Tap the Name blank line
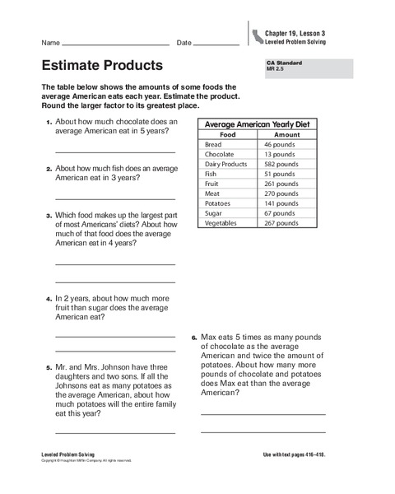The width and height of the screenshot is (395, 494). tap(115, 44)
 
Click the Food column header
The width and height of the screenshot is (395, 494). tap(228, 134)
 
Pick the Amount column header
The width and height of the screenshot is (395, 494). tap(286, 134)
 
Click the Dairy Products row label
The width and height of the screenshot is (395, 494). tap(225, 164)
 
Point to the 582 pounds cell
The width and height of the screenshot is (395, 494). tap(280, 164)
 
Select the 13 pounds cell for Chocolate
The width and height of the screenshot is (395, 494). tap(278, 154)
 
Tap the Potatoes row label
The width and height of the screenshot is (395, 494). tap(219, 203)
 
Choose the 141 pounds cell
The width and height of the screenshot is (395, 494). tap(281, 203)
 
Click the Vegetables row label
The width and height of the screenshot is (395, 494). tap(222, 223)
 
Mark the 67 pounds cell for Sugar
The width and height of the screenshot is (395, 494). tap(278, 213)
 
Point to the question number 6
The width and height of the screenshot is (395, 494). tap(194, 338)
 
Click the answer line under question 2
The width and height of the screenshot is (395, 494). tap(115, 198)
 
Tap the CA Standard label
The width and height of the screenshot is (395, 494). tap(281, 63)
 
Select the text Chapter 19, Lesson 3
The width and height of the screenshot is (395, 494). tap(295, 32)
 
